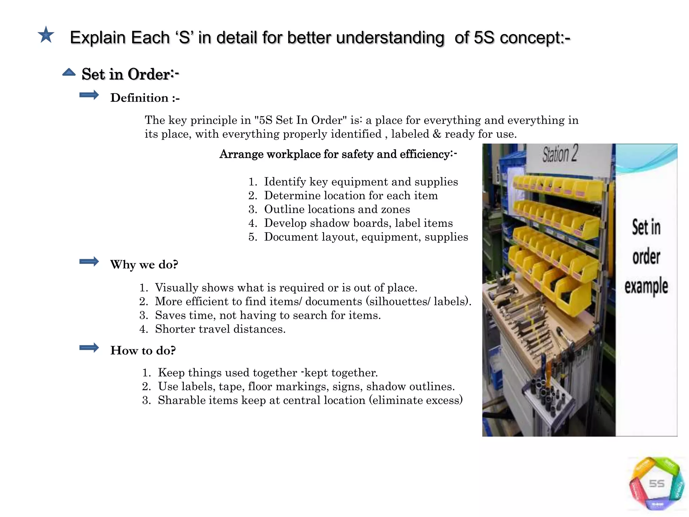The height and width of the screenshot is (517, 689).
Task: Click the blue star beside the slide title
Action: (x=46, y=35)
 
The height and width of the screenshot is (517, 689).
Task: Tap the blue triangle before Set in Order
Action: (x=69, y=72)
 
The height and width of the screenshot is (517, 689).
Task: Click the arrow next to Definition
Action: (x=89, y=95)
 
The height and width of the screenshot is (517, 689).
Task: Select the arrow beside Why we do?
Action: (x=89, y=262)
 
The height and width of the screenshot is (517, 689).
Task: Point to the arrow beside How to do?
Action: (x=89, y=348)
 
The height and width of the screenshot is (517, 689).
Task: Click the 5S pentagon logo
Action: (x=656, y=484)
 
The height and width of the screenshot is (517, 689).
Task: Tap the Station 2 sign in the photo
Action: (x=560, y=154)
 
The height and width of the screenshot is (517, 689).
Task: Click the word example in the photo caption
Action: (x=646, y=286)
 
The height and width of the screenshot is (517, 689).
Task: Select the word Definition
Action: (x=139, y=98)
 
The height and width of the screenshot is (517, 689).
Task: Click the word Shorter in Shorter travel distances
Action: (x=175, y=329)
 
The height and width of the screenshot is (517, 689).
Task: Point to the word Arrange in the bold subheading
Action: (x=241, y=154)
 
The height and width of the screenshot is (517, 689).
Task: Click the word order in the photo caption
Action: (x=646, y=257)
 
